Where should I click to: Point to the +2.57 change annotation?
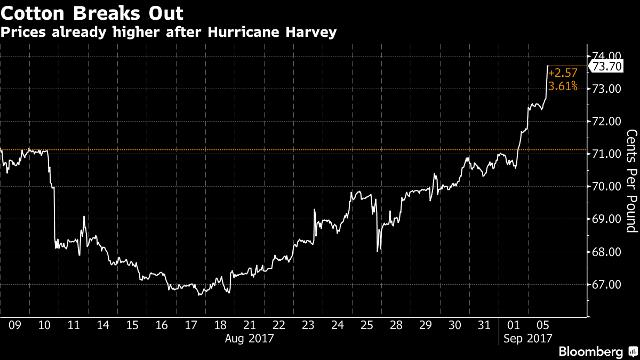pyautogui.click(x=562, y=73)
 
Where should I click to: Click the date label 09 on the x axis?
pyautogui.click(x=15, y=324)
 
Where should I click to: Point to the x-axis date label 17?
pyautogui.click(x=191, y=324)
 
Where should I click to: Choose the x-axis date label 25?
pyautogui.click(x=366, y=324)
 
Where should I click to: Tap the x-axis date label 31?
pyautogui.click(x=484, y=324)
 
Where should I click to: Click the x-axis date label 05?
pyautogui.click(x=542, y=324)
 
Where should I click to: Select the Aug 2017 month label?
pyautogui.click(x=250, y=338)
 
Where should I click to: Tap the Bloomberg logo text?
pyautogui.click(x=590, y=351)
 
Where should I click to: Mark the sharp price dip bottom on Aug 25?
pyautogui.click(x=377, y=251)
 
